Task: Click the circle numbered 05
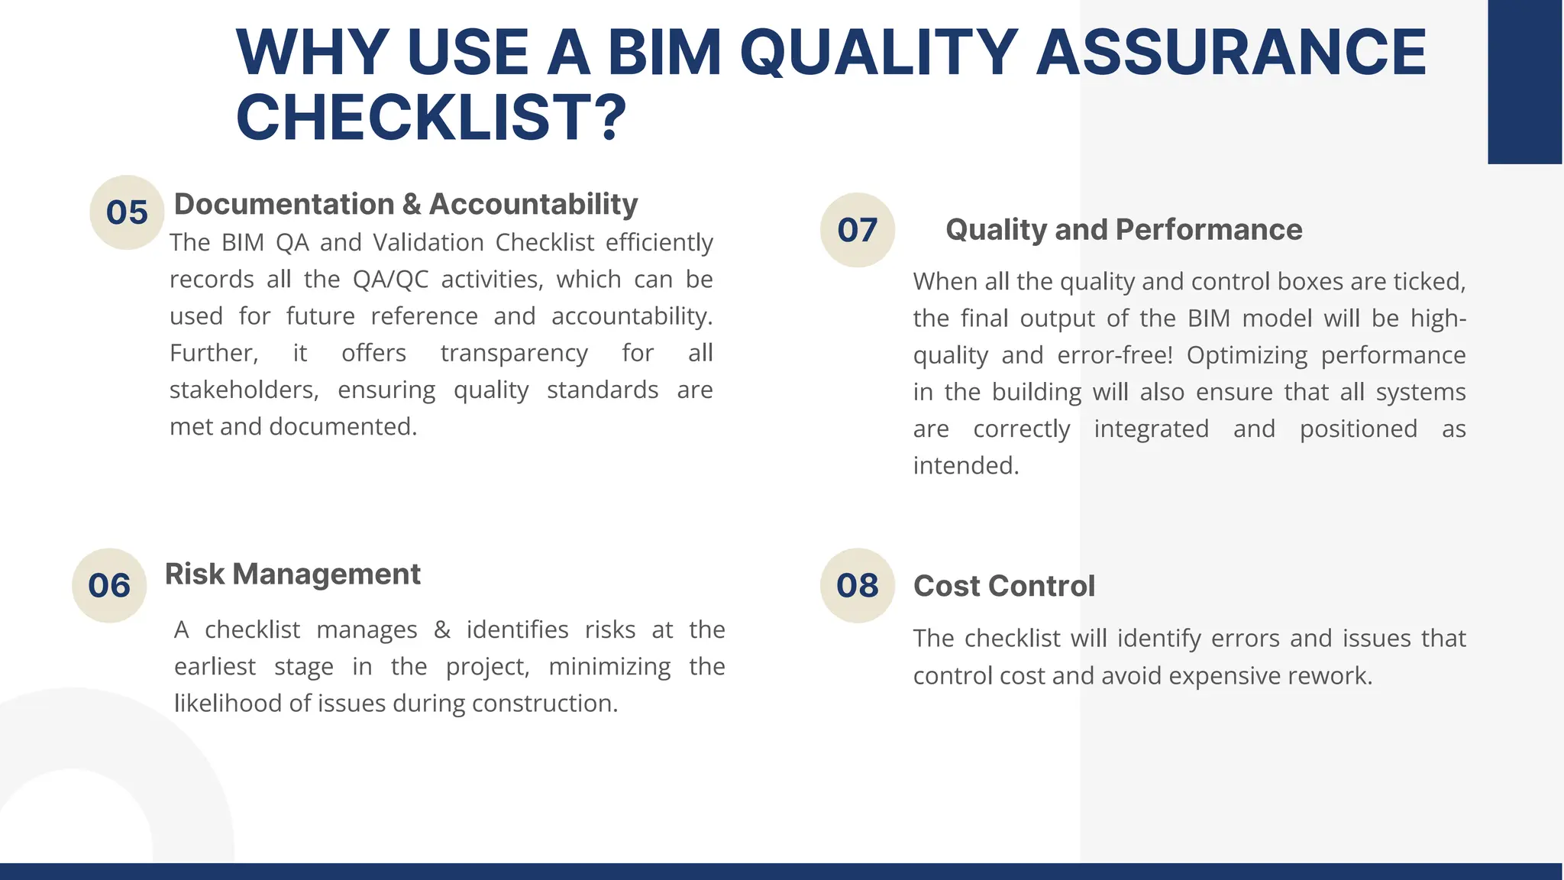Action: point(127,212)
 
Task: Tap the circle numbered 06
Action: point(109,585)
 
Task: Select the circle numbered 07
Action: point(857,230)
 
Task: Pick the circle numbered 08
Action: point(857,585)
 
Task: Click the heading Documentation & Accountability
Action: point(406,204)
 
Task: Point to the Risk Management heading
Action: point(292,574)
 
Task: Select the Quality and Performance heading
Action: point(1123,229)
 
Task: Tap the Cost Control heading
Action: point(1003,586)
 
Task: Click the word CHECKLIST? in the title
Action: point(431,117)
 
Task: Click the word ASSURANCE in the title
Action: point(1230,52)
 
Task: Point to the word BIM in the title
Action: point(664,52)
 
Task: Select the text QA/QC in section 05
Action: point(390,280)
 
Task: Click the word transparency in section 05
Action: point(514,353)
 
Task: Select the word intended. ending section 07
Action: point(966,465)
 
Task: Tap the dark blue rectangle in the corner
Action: point(1524,82)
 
